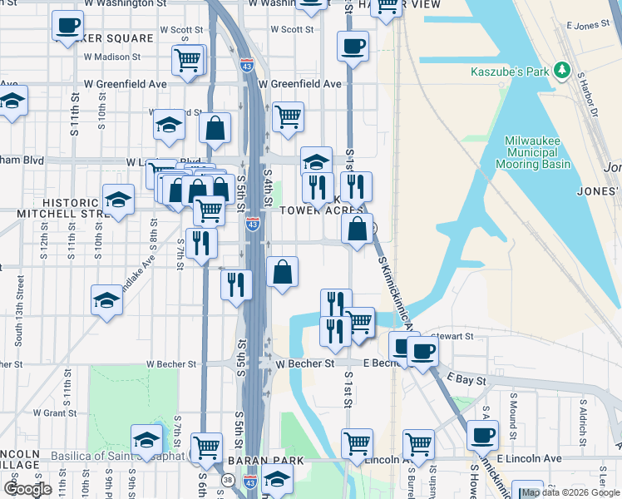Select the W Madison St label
pyautogui.click(x=112, y=57)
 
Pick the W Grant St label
pyautogui.click(x=54, y=413)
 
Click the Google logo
pyautogui.click(x=28, y=489)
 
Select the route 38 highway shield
pyautogui.click(x=227, y=480)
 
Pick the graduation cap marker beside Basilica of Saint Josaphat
pyautogui.click(x=147, y=438)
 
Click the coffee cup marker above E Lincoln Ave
pyautogui.click(x=482, y=434)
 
